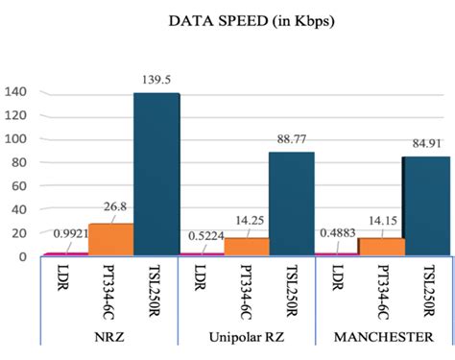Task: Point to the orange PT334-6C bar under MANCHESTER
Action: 380,247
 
